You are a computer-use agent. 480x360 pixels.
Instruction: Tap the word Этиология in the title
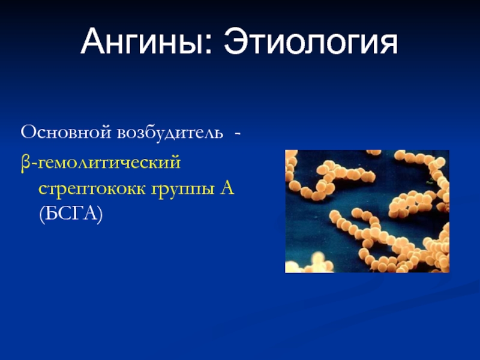pyautogui.click(x=311, y=42)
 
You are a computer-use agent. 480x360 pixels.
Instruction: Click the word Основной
pyautogui.click(x=66, y=133)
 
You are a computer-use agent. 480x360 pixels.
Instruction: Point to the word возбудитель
pyautogui.click(x=170, y=133)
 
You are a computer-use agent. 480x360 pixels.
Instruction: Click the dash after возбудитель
pyautogui.click(x=237, y=134)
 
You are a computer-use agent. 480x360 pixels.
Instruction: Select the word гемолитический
pyautogui.click(x=109, y=162)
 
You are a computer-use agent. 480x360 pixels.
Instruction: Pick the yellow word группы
pyautogui.click(x=183, y=190)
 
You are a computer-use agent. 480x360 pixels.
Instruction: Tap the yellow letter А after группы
pyautogui.click(x=227, y=187)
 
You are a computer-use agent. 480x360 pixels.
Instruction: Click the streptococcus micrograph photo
pyautogui.click(x=367, y=211)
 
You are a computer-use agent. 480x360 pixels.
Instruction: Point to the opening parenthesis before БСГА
pyautogui.click(x=42, y=215)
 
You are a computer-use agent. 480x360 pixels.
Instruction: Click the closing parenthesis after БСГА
pyautogui.click(x=100, y=215)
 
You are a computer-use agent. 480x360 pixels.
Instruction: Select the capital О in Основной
pyautogui.click(x=28, y=133)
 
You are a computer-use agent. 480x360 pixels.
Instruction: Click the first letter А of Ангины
pyautogui.click(x=93, y=41)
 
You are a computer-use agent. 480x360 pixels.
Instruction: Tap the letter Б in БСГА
pyautogui.click(x=50, y=213)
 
